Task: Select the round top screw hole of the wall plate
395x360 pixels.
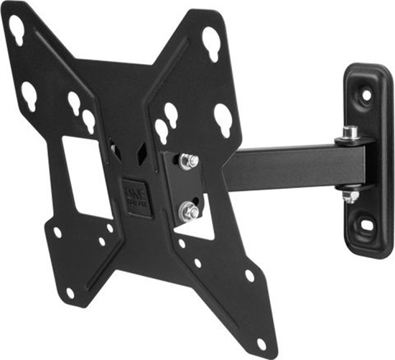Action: [x=366, y=94]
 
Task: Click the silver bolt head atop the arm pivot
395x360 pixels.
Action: [x=350, y=132]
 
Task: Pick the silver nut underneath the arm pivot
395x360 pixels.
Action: [x=350, y=195]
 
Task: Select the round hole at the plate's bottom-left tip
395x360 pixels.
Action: [x=70, y=293]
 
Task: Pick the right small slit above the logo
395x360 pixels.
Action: [x=141, y=152]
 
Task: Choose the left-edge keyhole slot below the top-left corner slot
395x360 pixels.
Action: [x=28, y=93]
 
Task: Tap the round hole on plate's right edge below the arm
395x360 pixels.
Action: [x=249, y=275]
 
